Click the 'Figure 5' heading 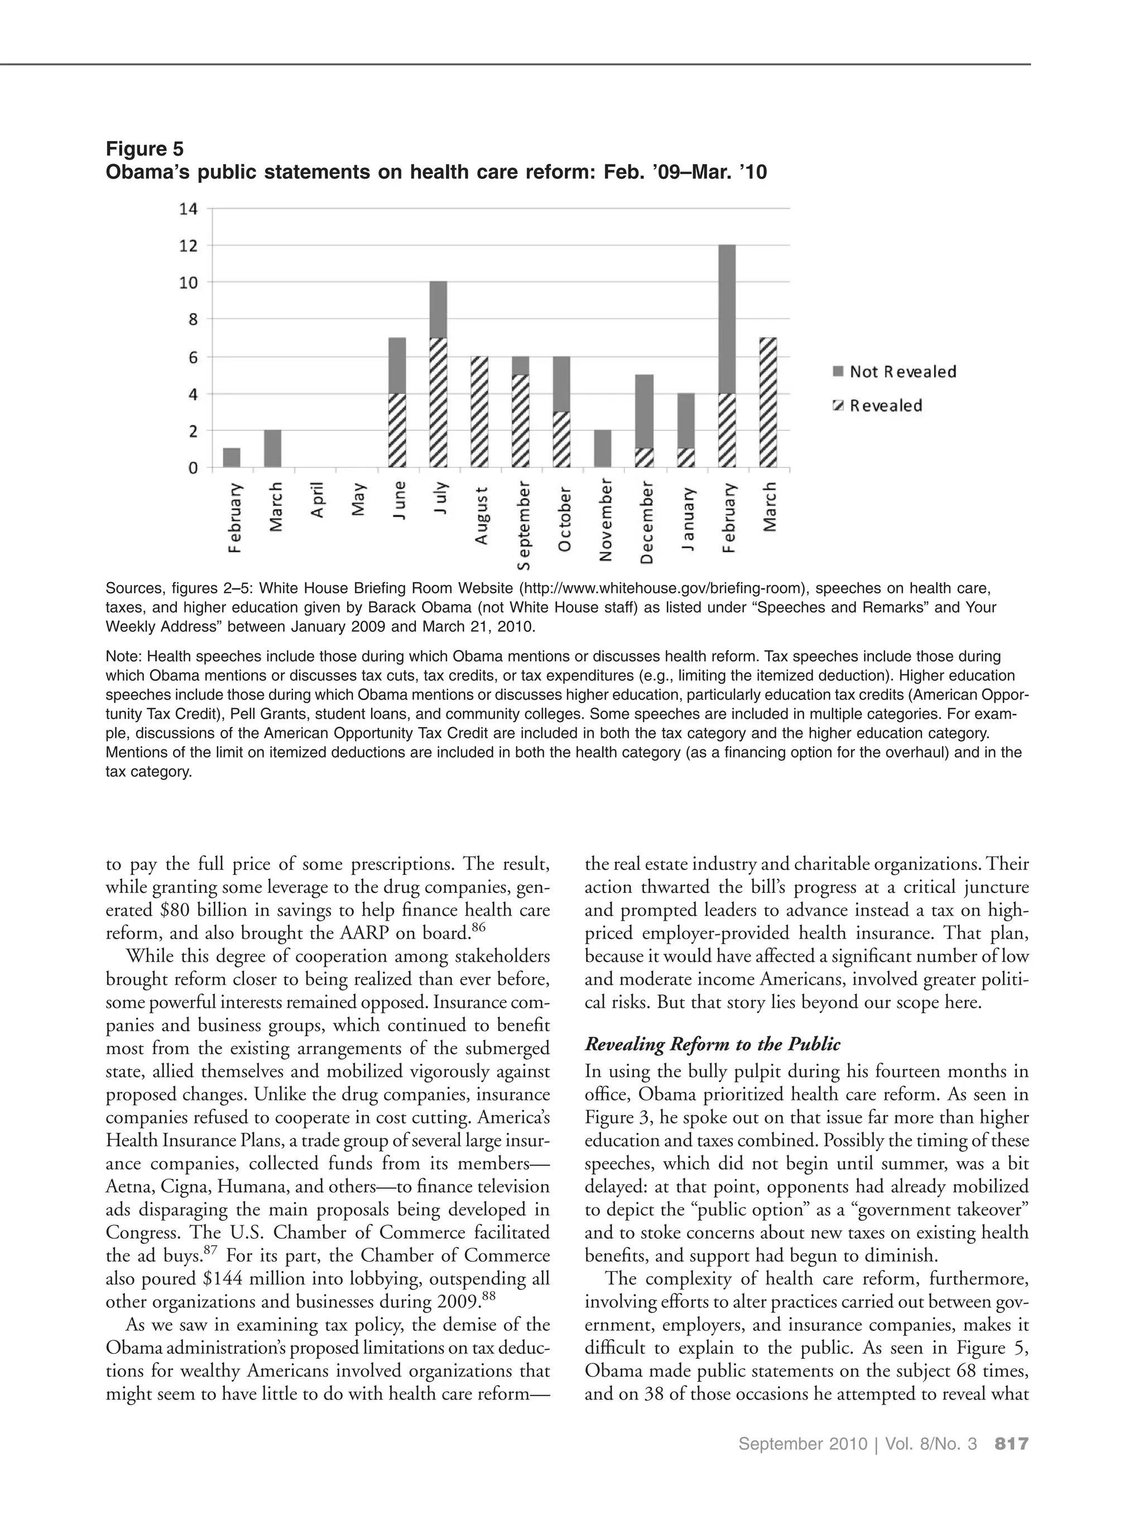tap(145, 149)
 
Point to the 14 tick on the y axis tap(188, 209)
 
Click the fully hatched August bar tap(479, 412)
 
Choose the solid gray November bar tap(603, 449)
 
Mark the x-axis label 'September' tap(524, 526)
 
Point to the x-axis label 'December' tap(646, 523)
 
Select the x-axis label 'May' tap(358, 499)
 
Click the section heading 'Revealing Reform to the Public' tap(712, 1045)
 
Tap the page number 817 tap(1011, 1444)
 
